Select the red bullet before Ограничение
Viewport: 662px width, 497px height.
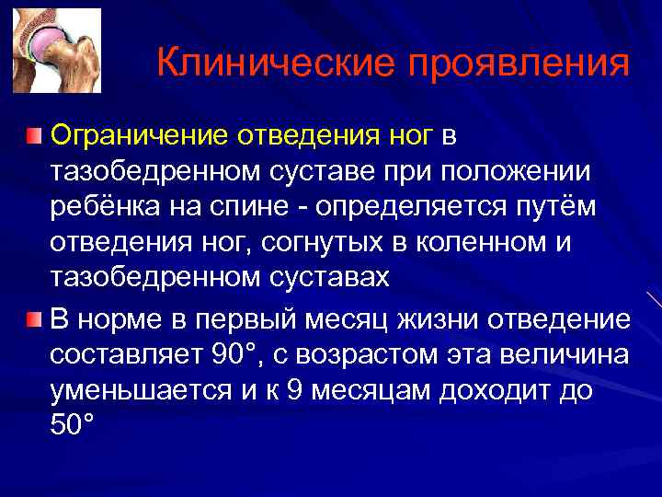pyautogui.click(x=33, y=137)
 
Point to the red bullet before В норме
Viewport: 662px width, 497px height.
pyautogui.click(x=33, y=319)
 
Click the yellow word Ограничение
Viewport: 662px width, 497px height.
pyautogui.click(x=138, y=137)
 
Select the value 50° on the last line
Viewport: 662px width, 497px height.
pyautogui.click(x=73, y=424)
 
